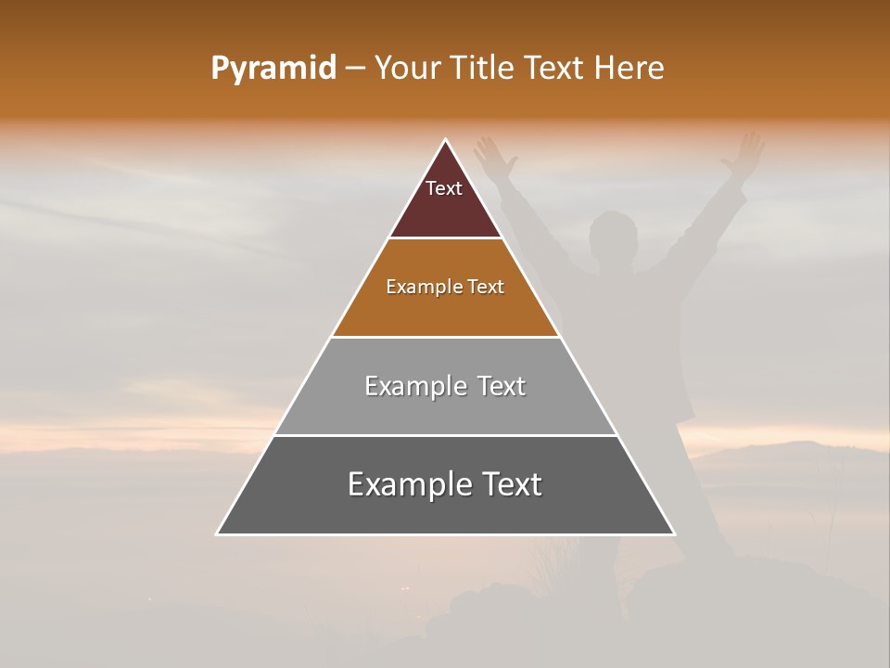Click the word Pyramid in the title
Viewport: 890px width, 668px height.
coord(273,69)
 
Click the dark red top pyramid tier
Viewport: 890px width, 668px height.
coord(445,209)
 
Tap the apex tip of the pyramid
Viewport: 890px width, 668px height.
coord(445,142)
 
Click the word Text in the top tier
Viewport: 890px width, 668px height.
coord(444,188)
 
